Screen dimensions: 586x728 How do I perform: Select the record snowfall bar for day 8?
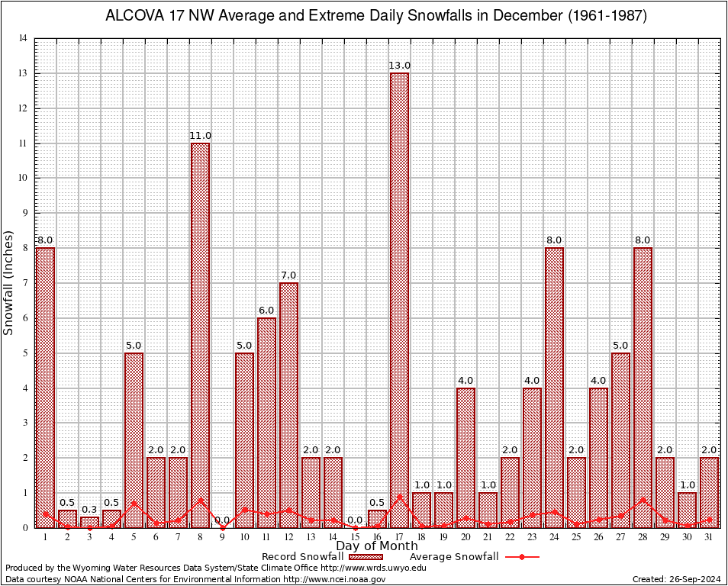click(x=200, y=335)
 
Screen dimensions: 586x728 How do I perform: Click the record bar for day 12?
click(x=288, y=404)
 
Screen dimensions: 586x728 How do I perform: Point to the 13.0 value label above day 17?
click(x=399, y=66)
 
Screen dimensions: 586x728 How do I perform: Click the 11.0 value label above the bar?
click(x=200, y=136)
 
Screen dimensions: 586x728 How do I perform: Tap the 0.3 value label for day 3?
click(x=89, y=510)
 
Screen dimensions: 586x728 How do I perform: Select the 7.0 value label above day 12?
click(x=288, y=275)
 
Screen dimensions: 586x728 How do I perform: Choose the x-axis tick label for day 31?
click(x=709, y=537)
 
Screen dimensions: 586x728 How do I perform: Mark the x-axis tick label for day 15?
click(x=355, y=537)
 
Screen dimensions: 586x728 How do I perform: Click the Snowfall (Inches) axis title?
click(x=9, y=282)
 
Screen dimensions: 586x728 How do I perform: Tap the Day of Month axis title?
click(x=376, y=546)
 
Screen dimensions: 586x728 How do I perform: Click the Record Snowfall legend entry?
click(x=301, y=557)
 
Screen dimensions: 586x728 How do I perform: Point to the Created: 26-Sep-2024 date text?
click(x=676, y=579)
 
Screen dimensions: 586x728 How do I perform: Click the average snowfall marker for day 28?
click(x=643, y=500)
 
